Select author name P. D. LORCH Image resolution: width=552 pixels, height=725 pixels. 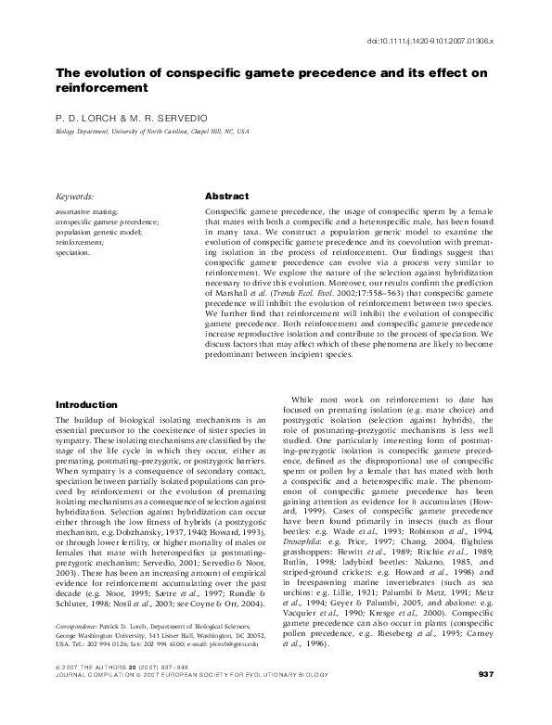83,120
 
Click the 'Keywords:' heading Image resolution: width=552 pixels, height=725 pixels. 75,197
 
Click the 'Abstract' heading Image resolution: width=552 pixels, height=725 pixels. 226,197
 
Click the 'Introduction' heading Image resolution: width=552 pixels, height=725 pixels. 86,405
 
